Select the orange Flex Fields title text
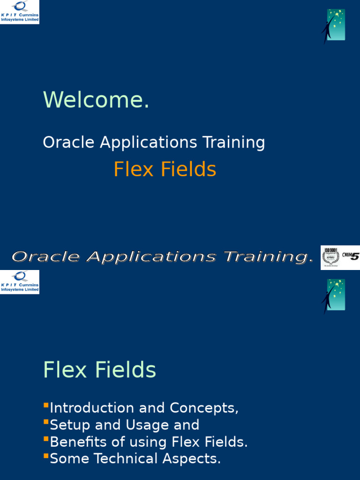click(x=165, y=170)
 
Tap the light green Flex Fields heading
click(x=99, y=370)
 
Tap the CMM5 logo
click(x=350, y=256)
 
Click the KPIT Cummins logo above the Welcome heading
click(x=20, y=12)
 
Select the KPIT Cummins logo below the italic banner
click(x=20, y=282)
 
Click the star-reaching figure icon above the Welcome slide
click(x=333, y=26)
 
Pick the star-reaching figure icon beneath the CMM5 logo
click(x=333, y=296)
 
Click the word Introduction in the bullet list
click(x=93, y=408)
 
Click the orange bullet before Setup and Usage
click(x=46, y=422)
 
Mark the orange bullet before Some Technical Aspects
click(x=46, y=456)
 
